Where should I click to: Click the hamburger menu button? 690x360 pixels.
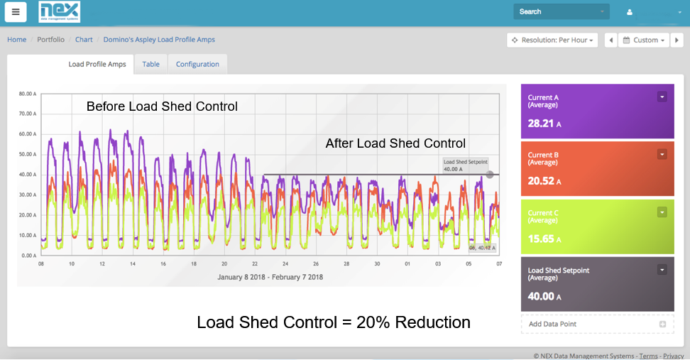16,12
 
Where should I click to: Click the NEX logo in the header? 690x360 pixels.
59,11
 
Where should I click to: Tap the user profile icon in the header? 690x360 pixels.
629,12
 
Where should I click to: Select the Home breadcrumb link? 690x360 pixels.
17,40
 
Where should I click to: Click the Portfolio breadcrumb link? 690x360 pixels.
50,40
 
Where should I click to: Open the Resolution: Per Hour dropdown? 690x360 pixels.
552,40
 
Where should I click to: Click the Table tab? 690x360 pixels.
150,64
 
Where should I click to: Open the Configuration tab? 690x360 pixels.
197,64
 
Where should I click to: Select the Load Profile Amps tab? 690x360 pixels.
97,64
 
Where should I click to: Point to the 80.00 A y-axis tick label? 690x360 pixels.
27,93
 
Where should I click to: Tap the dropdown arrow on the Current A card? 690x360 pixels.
662,97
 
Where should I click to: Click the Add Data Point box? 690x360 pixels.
597,324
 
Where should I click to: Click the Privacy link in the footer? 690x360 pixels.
673,356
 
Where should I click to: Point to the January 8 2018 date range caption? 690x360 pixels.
269,277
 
